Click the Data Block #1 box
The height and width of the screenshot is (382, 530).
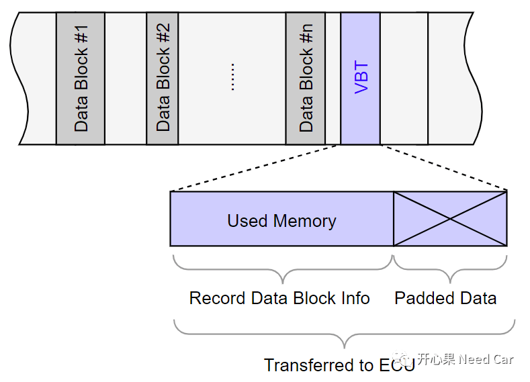point(81,78)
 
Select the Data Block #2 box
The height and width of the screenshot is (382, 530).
point(163,78)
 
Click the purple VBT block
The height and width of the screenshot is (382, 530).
point(361,78)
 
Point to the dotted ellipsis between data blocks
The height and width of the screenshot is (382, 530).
point(232,78)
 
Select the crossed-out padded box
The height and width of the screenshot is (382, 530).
point(450,218)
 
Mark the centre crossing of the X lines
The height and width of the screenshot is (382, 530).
point(450,218)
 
